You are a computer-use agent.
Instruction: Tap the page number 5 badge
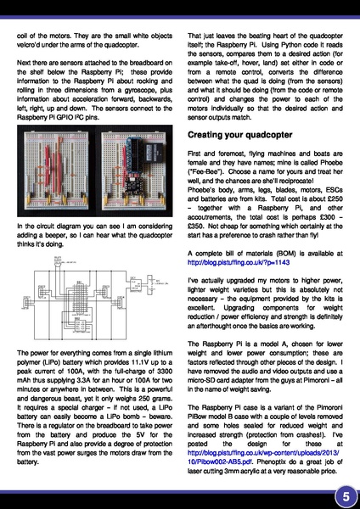346,495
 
